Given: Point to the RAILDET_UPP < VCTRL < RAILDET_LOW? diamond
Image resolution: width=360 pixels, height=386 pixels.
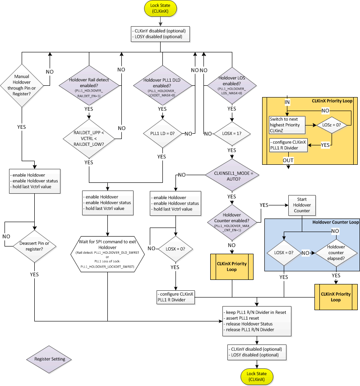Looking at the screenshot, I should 89,134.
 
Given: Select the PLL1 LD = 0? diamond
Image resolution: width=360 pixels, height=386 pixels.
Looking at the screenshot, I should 162,134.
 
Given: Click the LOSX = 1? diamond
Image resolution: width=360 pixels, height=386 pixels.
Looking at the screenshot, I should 231,134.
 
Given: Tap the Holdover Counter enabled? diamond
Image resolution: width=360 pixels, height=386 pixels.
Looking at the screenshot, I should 231,220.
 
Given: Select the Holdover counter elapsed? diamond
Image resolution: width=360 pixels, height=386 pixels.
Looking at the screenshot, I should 335,253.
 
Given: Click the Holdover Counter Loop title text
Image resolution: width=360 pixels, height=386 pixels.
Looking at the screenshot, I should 335,223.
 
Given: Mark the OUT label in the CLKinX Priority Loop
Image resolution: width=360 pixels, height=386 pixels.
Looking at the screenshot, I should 287,160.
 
